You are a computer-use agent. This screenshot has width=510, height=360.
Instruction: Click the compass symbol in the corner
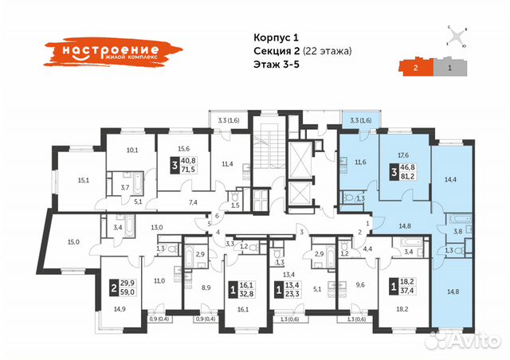click(456, 36)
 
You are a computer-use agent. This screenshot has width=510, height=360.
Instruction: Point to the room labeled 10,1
click(133, 149)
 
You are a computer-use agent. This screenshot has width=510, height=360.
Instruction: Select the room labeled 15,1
click(82, 179)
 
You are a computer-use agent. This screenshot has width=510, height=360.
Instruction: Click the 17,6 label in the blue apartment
click(402, 155)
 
